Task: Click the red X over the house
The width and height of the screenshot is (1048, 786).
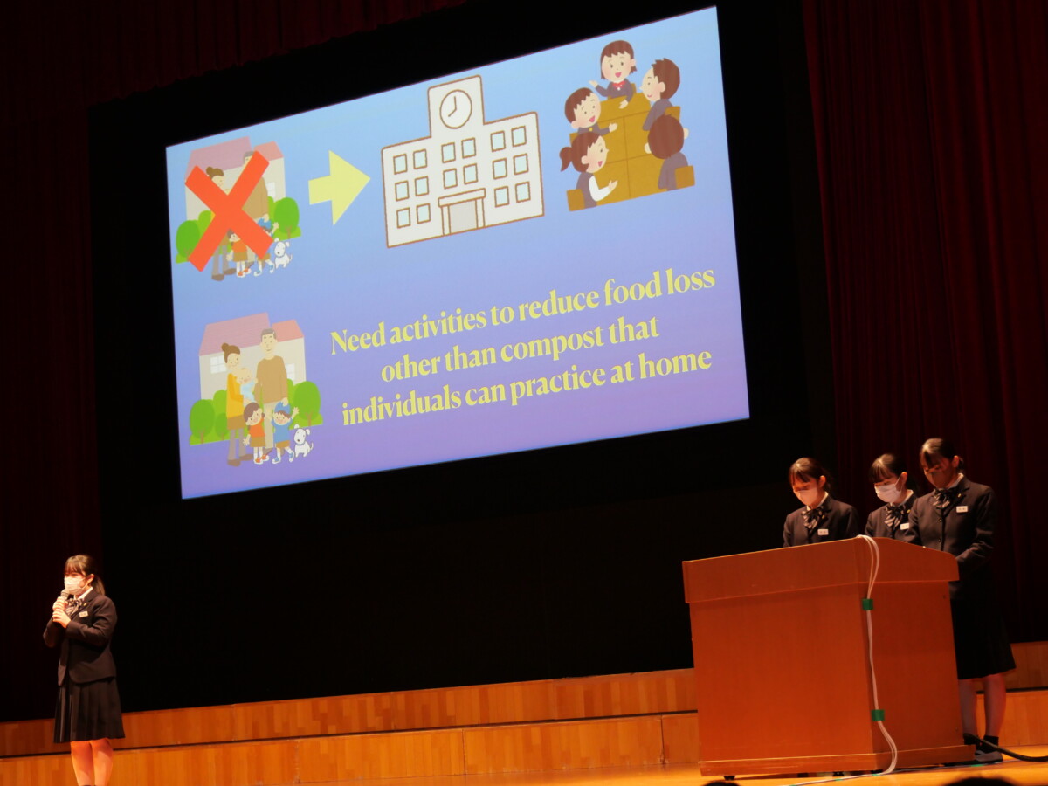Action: (229, 210)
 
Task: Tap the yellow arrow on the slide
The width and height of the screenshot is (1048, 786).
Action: (339, 187)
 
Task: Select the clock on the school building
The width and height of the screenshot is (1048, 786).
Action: (455, 108)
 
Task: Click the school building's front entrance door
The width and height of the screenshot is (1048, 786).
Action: (462, 216)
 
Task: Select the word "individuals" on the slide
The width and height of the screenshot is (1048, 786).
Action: (402, 408)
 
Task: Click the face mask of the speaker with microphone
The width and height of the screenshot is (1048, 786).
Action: (74, 585)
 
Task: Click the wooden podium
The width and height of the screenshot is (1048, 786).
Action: (822, 653)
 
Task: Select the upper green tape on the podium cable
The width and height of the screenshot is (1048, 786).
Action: (867, 604)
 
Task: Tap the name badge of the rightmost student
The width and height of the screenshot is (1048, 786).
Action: (962, 510)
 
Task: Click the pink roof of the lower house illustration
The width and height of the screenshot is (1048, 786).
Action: (251, 331)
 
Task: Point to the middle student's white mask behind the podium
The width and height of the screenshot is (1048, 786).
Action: (887, 493)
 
